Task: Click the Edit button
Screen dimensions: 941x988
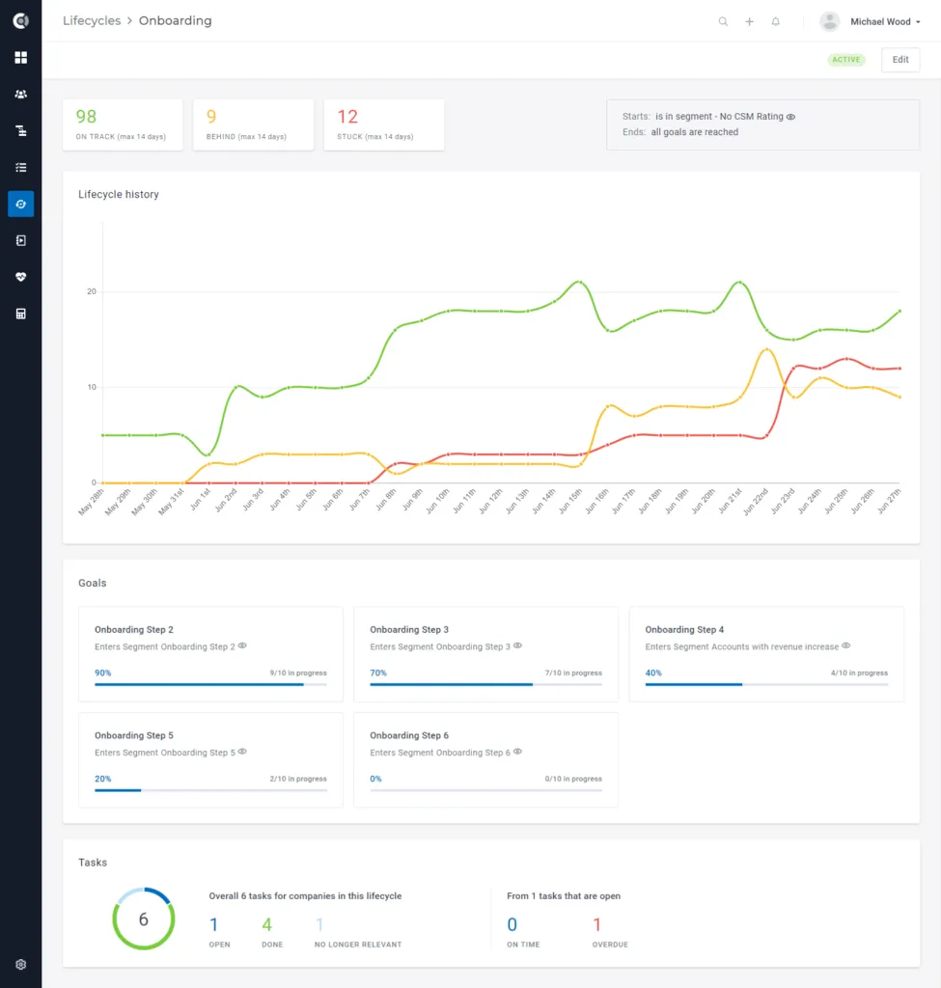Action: (900, 60)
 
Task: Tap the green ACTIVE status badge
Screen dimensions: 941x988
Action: (845, 60)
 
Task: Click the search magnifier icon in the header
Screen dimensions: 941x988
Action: (723, 21)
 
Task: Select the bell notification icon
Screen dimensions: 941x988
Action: (775, 21)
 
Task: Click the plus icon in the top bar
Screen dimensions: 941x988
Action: (749, 21)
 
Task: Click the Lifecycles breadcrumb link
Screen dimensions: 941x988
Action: (92, 21)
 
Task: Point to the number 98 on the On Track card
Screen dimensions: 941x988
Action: (86, 117)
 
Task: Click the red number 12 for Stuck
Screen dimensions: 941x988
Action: (347, 117)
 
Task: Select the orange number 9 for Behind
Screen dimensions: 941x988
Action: (211, 117)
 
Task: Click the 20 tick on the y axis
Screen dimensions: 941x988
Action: (92, 291)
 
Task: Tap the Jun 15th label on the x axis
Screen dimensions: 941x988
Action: (571, 502)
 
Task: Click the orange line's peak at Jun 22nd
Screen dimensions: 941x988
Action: (766, 349)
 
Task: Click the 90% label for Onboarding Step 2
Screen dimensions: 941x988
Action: (102, 672)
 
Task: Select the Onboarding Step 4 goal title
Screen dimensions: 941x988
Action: (684, 629)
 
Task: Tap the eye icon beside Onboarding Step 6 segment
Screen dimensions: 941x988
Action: (517, 752)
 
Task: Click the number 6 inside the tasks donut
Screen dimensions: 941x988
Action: (144, 919)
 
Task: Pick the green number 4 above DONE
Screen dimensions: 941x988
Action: (266, 924)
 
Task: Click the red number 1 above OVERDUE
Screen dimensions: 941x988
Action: (596, 924)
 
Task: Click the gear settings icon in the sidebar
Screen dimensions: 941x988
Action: (21, 965)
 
